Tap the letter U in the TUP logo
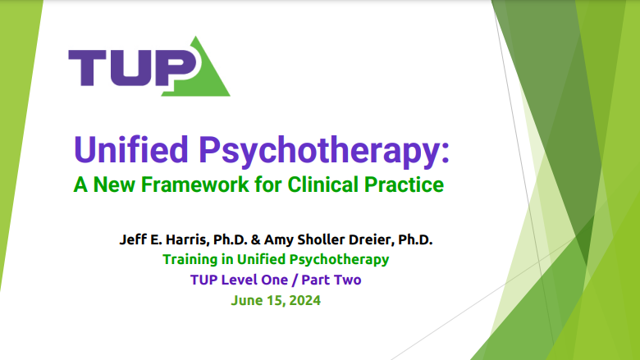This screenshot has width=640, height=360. click(x=130, y=68)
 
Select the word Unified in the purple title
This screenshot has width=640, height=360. click(x=131, y=149)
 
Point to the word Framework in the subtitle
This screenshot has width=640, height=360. click(x=194, y=185)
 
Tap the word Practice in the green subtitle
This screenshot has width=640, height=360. click(x=404, y=185)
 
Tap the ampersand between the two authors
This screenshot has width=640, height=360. click(x=255, y=239)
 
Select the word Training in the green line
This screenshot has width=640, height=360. click(x=190, y=259)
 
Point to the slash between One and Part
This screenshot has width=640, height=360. click(x=295, y=280)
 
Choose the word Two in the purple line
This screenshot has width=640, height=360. click(x=347, y=280)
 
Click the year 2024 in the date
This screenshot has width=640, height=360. click(x=305, y=300)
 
